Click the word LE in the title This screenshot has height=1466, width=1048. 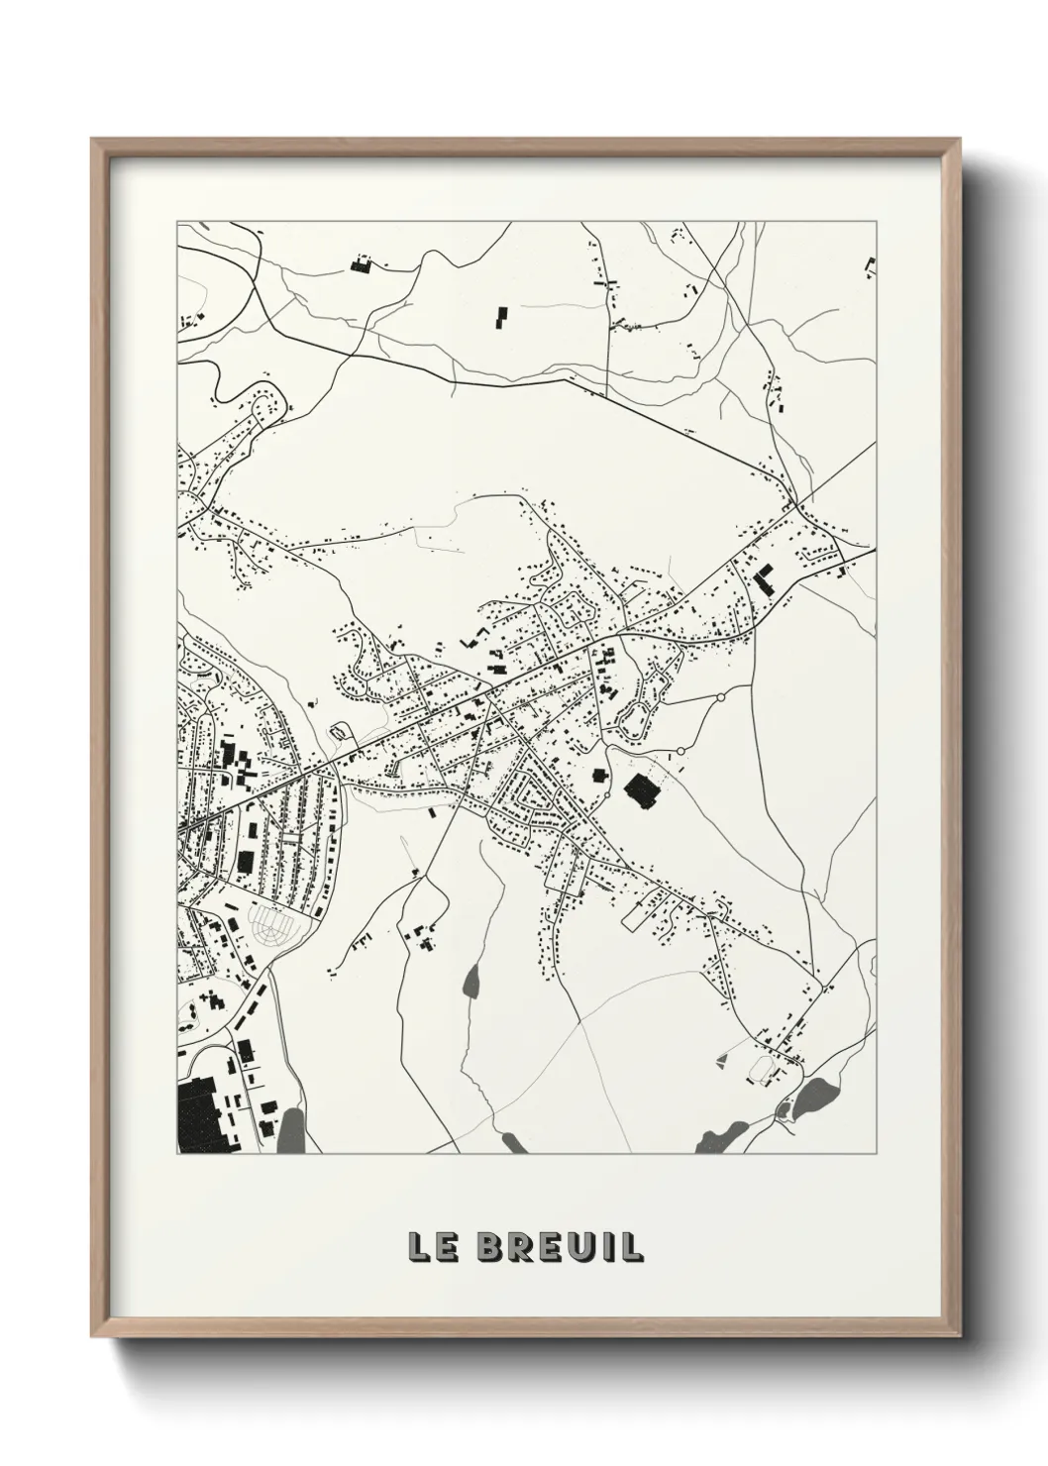tap(431, 1247)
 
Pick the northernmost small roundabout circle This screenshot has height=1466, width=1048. tap(720, 697)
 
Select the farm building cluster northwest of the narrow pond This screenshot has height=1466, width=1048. tap(420, 937)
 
